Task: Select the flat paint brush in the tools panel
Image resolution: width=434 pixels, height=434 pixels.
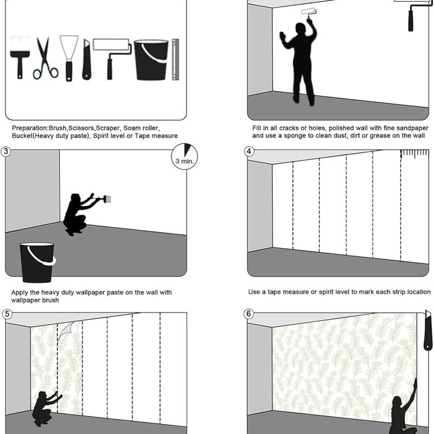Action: click(20, 58)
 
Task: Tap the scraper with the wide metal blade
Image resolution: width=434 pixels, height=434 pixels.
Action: click(69, 58)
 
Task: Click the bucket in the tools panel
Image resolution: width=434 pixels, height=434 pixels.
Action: click(151, 60)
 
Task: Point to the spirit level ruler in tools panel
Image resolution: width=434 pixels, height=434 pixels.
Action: click(175, 60)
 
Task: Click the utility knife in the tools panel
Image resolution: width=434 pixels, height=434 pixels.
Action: click(86, 60)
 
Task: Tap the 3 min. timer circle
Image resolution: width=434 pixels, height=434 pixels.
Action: click(184, 156)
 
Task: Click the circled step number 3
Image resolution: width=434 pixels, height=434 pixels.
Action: click(6, 152)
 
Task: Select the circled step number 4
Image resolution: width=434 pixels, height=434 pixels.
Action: click(249, 151)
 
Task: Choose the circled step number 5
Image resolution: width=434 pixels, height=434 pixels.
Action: click(7, 314)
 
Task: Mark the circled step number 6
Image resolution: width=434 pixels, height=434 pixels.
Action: click(248, 314)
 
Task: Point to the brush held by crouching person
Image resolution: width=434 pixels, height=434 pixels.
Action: click(106, 199)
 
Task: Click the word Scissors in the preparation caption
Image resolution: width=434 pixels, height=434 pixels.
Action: click(81, 128)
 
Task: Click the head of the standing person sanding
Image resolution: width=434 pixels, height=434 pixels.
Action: click(300, 28)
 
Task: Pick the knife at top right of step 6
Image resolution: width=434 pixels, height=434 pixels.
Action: click(427, 330)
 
